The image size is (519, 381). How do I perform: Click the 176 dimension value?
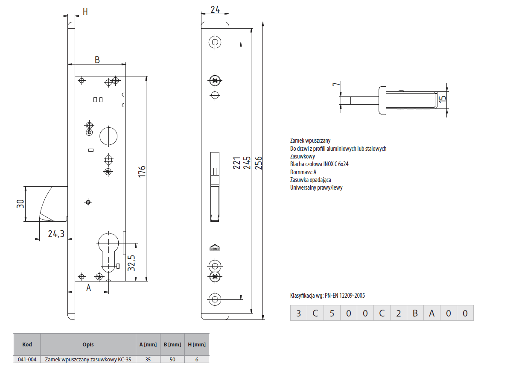143,171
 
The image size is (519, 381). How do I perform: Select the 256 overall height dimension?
259,163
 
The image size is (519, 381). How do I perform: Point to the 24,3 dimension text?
56,234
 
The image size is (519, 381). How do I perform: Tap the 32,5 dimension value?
132,263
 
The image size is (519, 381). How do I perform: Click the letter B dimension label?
97,60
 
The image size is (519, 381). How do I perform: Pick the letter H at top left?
85,12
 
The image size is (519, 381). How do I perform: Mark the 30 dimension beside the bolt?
19,204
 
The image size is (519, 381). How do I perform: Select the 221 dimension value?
236,163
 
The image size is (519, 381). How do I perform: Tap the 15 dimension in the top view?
443,99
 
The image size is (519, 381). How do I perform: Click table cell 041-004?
26,359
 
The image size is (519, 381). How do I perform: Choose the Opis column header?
88,344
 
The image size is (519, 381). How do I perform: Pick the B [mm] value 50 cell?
172,359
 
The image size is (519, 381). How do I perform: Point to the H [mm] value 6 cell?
197,359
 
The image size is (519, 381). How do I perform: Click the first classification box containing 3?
298,314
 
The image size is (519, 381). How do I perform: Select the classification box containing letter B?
415,314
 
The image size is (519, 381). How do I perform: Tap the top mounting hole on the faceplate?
214,41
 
